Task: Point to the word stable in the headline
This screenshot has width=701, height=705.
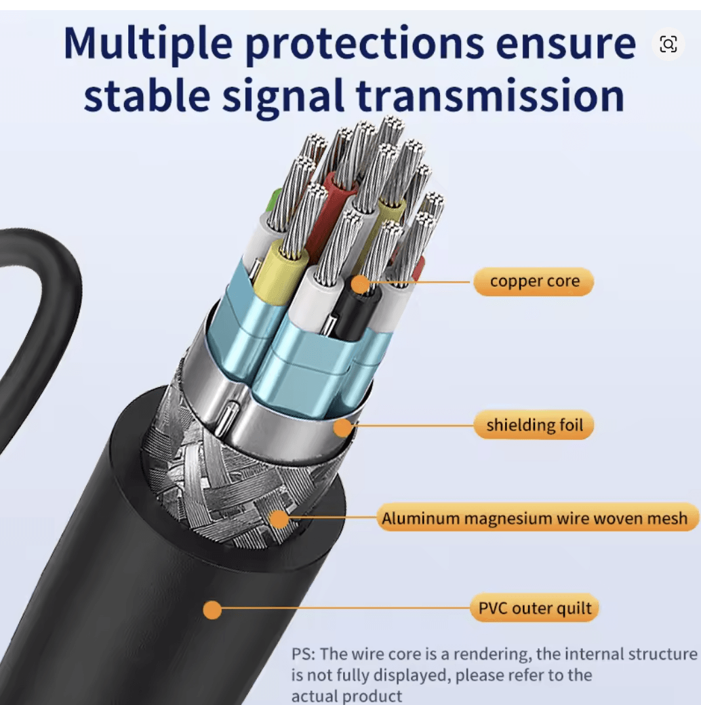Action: coord(147,95)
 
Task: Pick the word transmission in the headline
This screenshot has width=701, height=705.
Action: coord(490,95)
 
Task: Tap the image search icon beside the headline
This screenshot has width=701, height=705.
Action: coord(668,44)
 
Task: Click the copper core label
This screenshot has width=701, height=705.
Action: coord(534,281)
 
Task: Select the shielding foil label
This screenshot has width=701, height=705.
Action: coord(534,425)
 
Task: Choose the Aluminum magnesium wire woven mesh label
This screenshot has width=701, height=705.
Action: coord(535,518)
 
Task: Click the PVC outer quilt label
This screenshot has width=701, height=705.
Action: coord(535,608)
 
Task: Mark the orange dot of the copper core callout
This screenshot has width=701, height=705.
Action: coord(360,284)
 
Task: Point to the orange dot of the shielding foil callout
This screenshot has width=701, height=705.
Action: coord(343,426)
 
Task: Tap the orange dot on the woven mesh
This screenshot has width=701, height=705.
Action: coord(279,519)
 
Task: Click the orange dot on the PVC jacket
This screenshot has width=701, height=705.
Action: coord(212,610)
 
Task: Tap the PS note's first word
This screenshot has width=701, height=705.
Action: coord(304,654)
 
